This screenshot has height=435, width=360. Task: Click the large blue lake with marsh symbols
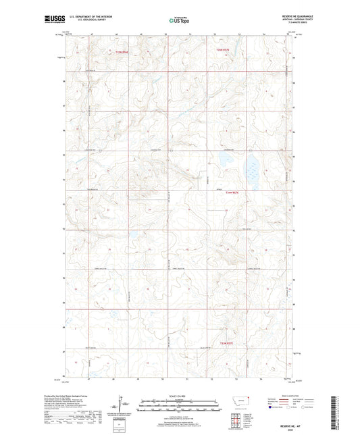pyautogui.click(x=252, y=165)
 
